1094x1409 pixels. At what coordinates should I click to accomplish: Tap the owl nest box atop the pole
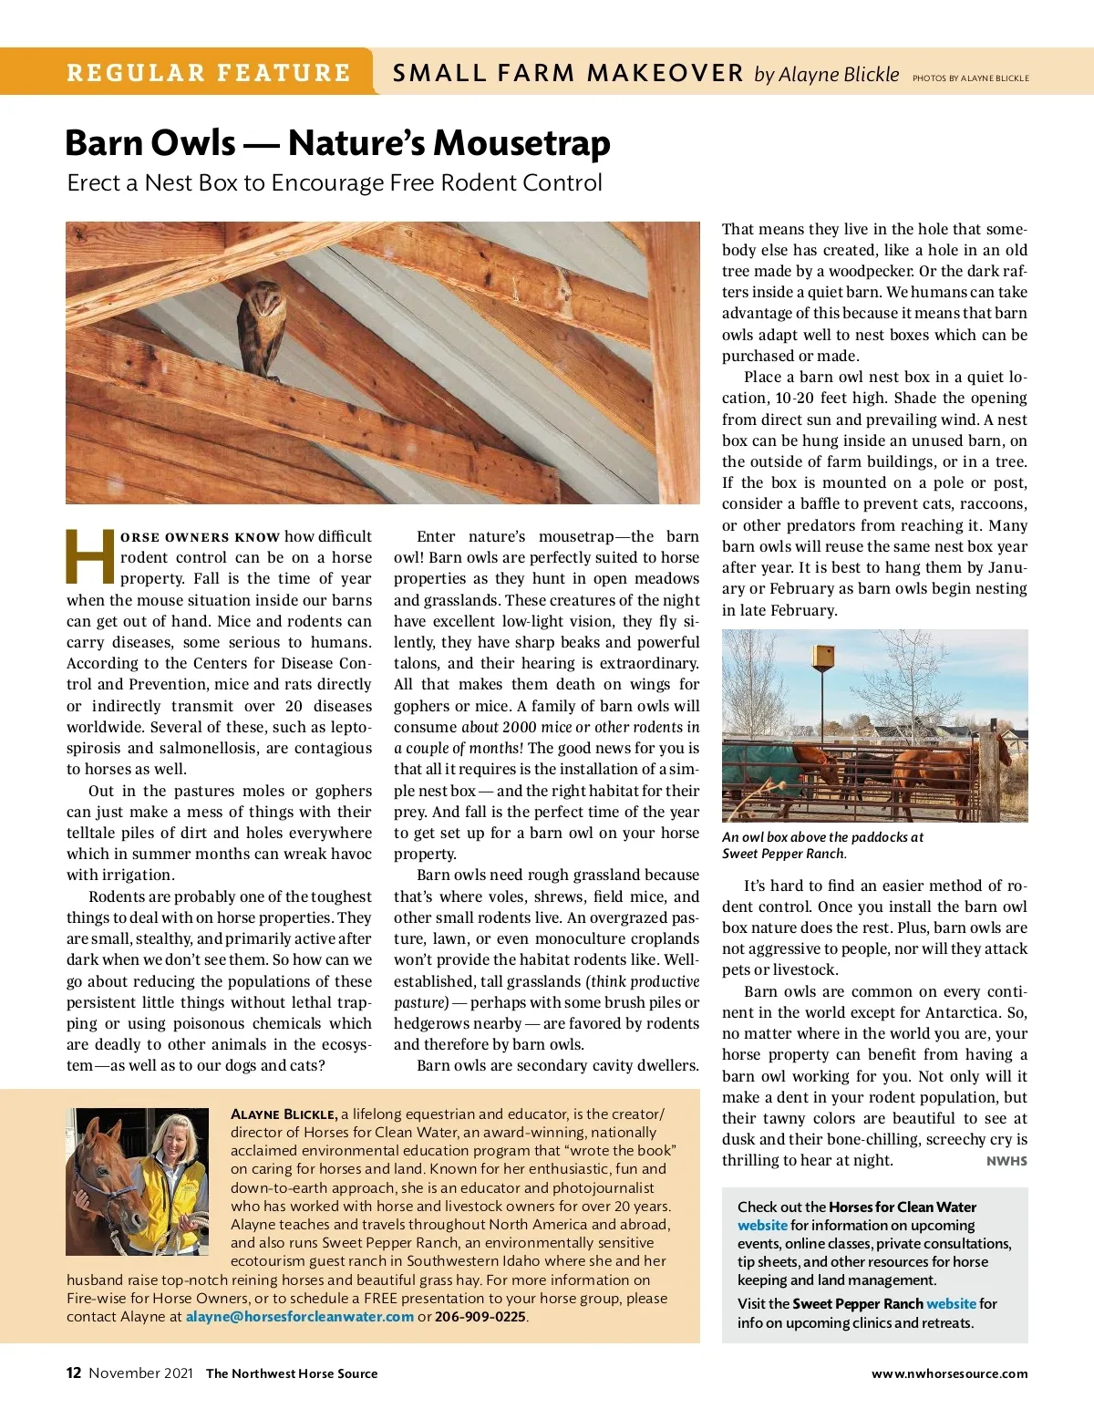(x=824, y=658)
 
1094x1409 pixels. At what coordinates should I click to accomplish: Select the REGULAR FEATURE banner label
(x=209, y=73)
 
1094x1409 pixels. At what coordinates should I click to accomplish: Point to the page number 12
(x=74, y=1373)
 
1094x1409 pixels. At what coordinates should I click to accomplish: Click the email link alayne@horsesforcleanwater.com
(x=300, y=1316)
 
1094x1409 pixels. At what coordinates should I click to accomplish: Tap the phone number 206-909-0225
(x=480, y=1316)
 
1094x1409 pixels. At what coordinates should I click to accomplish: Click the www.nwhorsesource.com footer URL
(x=949, y=1373)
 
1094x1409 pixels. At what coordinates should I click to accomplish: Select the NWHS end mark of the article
(x=1006, y=1161)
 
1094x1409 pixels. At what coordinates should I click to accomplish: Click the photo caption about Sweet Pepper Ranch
(x=821, y=845)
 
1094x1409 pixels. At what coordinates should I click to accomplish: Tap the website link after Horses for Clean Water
(x=762, y=1226)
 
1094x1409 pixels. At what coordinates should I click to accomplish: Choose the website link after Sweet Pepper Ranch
(x=951, y=1304)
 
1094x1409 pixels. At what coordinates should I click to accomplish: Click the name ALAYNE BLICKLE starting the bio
(x=284, y=1114)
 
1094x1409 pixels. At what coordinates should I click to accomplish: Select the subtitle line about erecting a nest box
(x=335, y=183)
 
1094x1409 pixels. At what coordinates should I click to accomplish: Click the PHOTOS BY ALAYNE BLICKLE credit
(x=970, y=78)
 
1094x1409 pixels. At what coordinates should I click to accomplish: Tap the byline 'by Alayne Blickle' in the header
(x=826, y=75)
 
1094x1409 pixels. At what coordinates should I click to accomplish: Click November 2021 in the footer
(x=140, y=1373)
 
